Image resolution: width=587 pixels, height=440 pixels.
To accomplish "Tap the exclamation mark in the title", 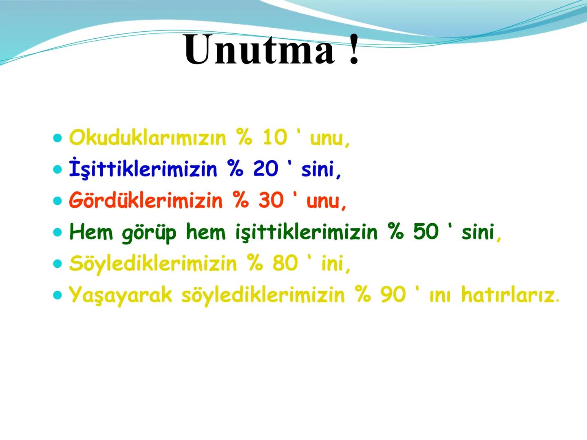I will point(354,50).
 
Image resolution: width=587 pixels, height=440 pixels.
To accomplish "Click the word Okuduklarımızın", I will point(147,138).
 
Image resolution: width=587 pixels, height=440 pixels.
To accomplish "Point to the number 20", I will point(265,169).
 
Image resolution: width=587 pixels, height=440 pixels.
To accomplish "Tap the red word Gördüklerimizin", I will point(146,201).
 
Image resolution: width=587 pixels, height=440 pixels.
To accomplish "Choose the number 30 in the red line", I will point(271,201).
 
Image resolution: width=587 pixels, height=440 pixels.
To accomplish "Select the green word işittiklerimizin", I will point(306,232).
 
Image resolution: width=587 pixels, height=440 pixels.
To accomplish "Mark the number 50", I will point(426,232).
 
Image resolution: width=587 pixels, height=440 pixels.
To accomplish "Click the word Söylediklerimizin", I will point(152,264).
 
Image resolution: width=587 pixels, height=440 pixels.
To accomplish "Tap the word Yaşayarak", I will point(121,295).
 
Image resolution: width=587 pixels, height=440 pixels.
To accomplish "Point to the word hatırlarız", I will point(508,295).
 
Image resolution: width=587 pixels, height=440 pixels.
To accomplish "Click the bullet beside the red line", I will point(57,201).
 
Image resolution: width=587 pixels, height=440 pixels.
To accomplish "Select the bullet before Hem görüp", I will point(57,233).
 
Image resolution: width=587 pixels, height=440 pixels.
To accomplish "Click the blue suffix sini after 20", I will point(318,169).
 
